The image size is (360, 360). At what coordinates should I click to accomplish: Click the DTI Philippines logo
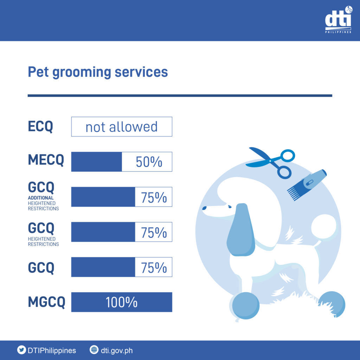(339, 20)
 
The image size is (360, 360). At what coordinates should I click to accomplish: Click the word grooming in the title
(82, 72)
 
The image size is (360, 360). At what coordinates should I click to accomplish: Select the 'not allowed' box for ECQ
(122, 127)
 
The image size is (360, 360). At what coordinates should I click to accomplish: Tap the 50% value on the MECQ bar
(149, 162)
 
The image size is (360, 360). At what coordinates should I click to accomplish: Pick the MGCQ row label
(47, 302)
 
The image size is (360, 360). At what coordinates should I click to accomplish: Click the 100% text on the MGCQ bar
(121, 302)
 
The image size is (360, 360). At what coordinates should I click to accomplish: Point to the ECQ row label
(40, 127)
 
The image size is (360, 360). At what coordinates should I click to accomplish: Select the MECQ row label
(46, 160)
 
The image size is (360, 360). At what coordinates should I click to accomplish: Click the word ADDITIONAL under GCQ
(41, 198)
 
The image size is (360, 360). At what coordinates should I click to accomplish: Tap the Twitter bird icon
(21, 350)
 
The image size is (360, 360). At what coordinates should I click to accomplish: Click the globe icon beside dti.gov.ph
(94, 350)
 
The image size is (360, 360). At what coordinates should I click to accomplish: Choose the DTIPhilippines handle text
(52, 351)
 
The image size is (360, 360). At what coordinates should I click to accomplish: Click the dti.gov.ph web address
(117, 351)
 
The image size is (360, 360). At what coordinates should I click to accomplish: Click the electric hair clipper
(307, 185)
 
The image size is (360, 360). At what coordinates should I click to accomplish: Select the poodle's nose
(204, 208)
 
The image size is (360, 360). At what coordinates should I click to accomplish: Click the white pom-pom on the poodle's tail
(324, 227)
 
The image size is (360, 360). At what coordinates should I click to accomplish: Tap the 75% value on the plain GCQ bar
(154, 268)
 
